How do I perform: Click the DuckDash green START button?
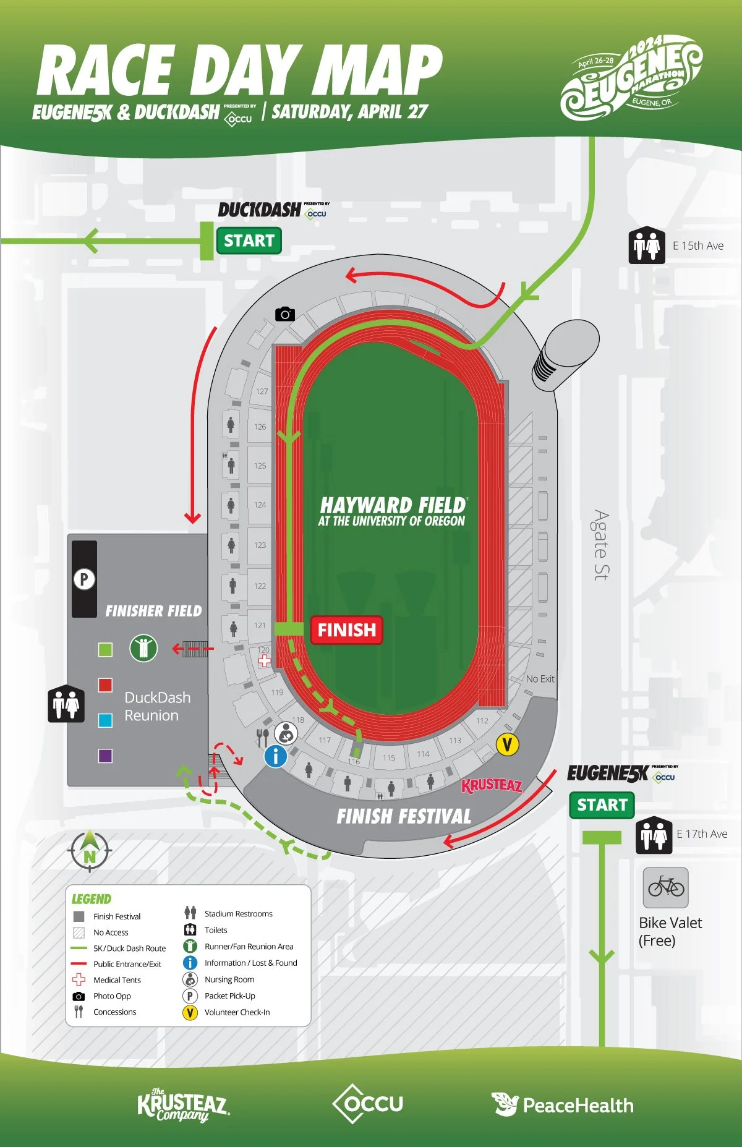(249, 241)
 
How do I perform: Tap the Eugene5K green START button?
(602, 805)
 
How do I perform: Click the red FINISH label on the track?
(346, 630)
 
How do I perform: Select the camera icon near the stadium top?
(285, 314)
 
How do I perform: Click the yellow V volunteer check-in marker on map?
(507, 744)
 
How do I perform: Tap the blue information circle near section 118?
(276, 756)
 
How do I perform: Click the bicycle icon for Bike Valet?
(666, 887)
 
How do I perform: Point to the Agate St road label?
(600, 545)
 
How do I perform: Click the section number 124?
(260, 505)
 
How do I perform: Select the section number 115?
(388, 757)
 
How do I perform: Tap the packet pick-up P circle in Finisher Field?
(84, 579)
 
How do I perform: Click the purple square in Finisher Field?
(105, 756)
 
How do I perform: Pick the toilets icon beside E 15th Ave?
(647, 246)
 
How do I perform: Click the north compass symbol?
(90, 851)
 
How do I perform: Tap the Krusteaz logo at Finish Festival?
(493, 786)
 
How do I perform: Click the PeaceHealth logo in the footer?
(563, 1105)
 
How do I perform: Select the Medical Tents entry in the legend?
(117, 980)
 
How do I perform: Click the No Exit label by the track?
(540, 678)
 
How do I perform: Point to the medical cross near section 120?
(265, 661)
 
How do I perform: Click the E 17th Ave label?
(702, 834)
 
